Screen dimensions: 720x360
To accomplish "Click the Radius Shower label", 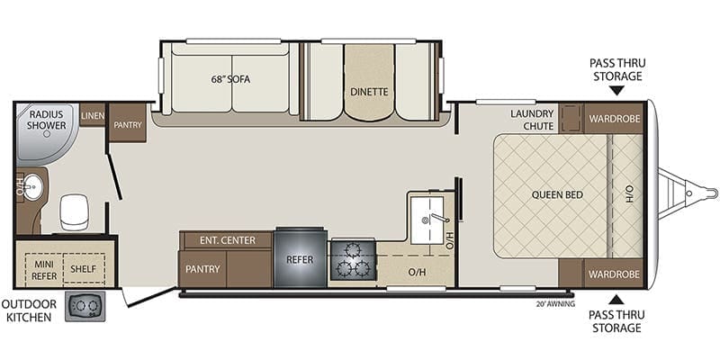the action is click(x=47, y=120).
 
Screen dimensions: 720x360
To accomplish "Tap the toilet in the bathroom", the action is click(x=74, y=211).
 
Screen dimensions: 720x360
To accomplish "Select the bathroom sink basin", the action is click(x=32, y=187).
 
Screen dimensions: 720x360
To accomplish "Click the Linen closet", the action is click(x=93, y=115).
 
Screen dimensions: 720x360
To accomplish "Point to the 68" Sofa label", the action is click(x=230, y=79).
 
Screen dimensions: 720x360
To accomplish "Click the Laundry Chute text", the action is click(x=532, y=120).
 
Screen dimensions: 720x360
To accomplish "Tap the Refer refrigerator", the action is click(x=300, y=257).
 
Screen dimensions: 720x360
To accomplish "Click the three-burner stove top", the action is click(x=353, y=260).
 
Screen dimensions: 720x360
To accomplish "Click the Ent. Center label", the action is click(x=228, y=240).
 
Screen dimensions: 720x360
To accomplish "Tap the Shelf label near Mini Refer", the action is click(x=83, y=268).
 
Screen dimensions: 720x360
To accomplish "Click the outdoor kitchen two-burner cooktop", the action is click(x=85, y=306).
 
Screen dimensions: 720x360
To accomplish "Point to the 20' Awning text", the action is click(x=555, y=303).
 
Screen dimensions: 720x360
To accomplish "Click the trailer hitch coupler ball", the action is click(x=712, y=193).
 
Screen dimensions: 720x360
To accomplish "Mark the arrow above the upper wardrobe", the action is click(x=616, y=90).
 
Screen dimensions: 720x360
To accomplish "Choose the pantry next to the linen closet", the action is click(x=128, y=122).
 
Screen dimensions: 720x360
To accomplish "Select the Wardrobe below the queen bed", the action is click(x=615, y=274).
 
